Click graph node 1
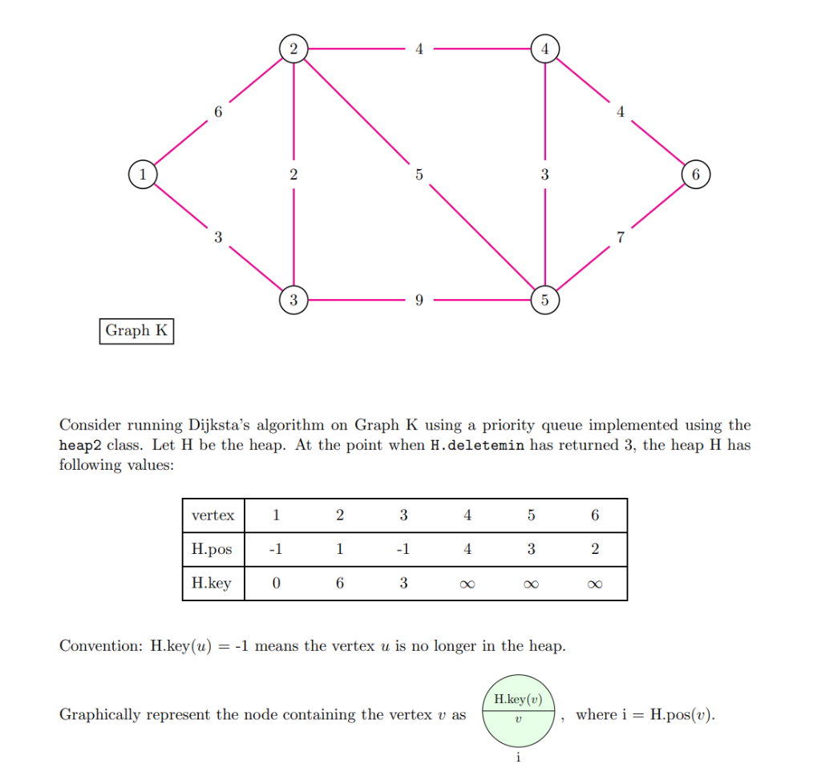pos(143,174)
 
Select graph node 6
pos(695,174)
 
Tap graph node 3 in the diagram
pos(293,301)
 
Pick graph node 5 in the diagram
pos(544,301)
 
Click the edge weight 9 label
pos(419,301)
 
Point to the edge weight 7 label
pos(620,237)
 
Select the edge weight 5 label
pos(419,174)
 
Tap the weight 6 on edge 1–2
pos(217,111)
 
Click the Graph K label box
pos(136,330)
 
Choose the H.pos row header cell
pos(212,549)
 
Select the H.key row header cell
pos(212,583)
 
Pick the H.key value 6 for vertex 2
pos(340,583)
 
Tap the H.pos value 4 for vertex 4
pos(467,549)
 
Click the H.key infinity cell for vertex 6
pos(594,584)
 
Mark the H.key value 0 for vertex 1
pos(276,583)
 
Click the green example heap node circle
pos(518,710)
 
